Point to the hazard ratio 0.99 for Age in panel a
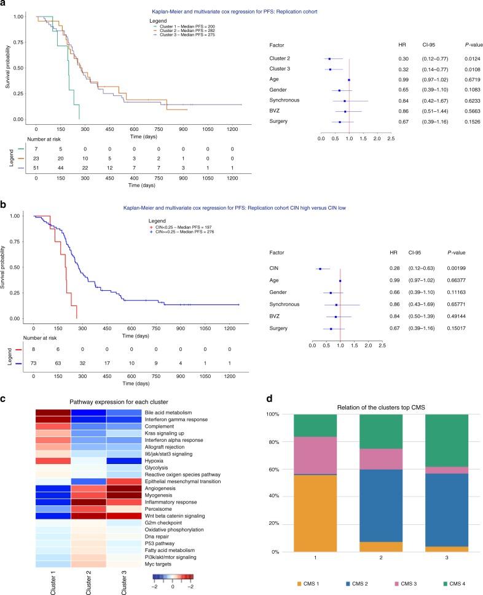coord(403,80)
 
